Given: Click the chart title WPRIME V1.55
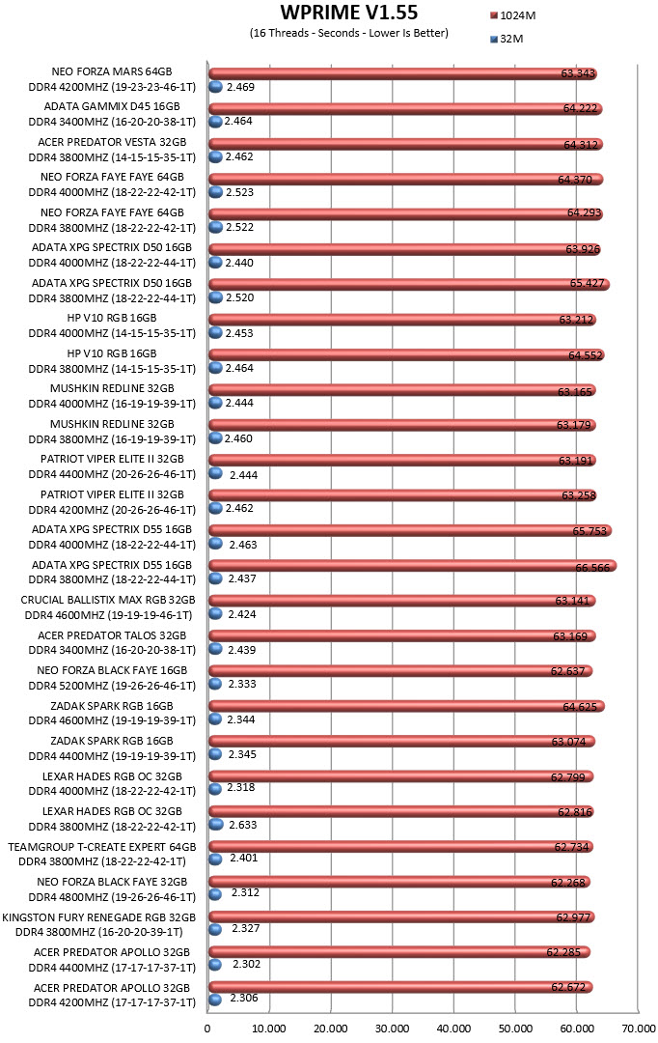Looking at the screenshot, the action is coord(349,13).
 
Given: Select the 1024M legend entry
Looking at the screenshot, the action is coord(512,15).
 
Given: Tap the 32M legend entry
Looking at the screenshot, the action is coord(507,39).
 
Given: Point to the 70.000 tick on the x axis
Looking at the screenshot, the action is coord(638,1029).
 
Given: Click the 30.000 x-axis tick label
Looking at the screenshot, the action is coord(392,1029).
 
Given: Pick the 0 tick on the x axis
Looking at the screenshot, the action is coord(207,1029).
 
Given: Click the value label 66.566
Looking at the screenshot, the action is coord(592,568).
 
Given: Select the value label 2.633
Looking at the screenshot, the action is coord(242,825).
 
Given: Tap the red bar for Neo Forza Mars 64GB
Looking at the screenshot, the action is coord(402,73).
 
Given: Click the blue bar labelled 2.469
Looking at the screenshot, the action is coord(215,87).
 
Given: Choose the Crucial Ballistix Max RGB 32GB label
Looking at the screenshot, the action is coord(108,600).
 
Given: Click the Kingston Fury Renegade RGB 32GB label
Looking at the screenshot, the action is coord(99,917).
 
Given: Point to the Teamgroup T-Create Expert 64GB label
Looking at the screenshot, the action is coord(101,847).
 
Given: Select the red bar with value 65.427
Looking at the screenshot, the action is coord(409,284).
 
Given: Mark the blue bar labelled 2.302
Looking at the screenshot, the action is coord(215,965).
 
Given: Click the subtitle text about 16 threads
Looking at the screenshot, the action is coord(349,33).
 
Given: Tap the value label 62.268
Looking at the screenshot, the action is coord(568,883).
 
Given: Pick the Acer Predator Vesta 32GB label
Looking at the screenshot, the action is coord(112,142).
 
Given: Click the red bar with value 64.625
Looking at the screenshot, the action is coord(407,706).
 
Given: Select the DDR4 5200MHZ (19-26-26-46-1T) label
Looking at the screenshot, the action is coord(112,686).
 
